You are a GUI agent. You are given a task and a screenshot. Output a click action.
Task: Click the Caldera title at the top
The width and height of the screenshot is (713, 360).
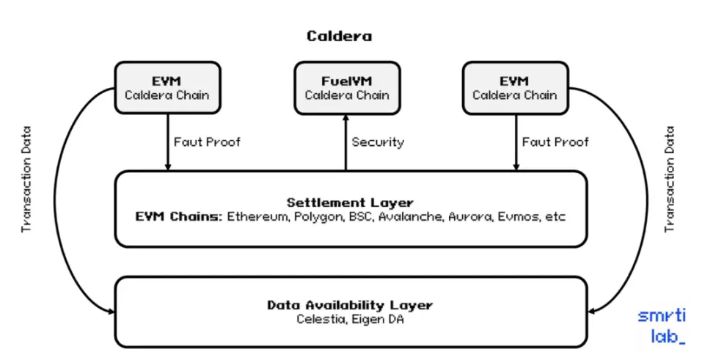coord(339,36)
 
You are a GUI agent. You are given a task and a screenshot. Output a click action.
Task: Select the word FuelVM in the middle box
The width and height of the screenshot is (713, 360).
coord(346,81)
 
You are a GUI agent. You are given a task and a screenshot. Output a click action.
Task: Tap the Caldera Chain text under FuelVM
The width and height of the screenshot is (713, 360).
coord(347,95)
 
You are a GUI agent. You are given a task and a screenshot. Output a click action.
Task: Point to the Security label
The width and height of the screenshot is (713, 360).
coord(378,142)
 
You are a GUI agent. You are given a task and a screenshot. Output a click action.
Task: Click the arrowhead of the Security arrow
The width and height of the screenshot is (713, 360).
coord(345,118)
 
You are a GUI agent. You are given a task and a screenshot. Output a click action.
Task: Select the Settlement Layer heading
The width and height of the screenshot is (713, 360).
coord(350,202)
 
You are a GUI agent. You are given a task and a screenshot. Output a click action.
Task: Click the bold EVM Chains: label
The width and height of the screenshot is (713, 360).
coord(179,216)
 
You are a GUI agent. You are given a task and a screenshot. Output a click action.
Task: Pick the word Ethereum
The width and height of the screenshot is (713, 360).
coord(258,216)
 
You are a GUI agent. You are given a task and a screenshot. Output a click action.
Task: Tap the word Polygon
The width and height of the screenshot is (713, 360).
coord(319,217)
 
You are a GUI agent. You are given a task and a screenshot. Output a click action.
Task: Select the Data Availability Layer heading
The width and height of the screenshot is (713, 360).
coord(350,305)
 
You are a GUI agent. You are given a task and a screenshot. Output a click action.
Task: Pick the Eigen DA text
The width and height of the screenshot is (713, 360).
coord(378,320)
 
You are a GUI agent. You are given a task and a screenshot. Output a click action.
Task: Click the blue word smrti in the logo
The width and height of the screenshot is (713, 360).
coord(662,315)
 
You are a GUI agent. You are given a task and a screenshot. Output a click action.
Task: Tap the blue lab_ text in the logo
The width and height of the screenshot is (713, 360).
coord(668,337)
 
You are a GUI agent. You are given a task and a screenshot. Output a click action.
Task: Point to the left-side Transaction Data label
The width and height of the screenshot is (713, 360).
coord(27,180)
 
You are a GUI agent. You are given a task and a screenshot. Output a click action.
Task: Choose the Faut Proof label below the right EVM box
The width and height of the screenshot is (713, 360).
coord(555,142)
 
